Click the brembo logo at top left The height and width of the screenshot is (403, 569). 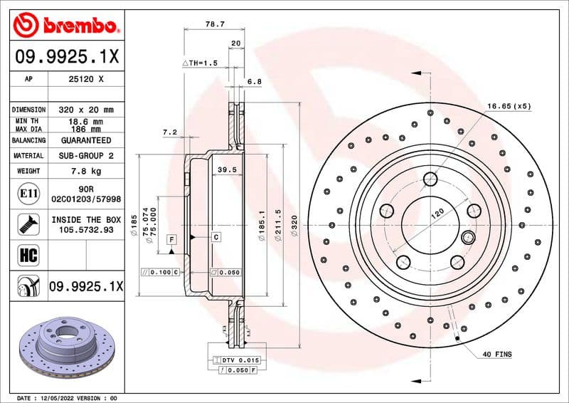65,26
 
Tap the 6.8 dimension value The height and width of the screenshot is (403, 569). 254,81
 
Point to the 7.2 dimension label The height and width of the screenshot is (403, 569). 169,132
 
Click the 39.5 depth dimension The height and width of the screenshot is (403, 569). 226,169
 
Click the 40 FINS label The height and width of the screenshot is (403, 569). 497,354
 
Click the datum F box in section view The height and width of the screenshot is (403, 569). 171,239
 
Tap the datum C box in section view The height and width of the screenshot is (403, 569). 216,236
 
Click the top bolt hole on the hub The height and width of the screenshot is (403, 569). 430,179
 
